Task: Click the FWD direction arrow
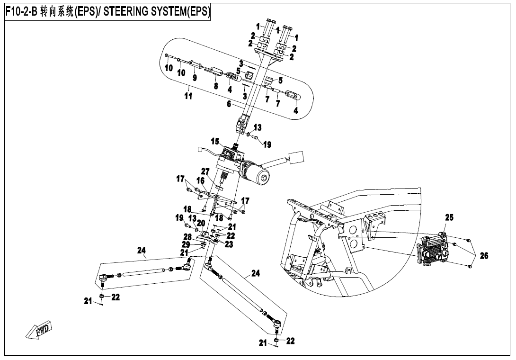coord(40,331)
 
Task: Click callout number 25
coord(449,218)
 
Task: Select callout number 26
coord(483,256)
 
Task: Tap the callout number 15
coord(215,141)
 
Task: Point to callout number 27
coord(205,171)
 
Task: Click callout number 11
coord(188,96)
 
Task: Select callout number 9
coord(194,77)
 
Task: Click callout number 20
coord(201,223)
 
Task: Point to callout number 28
coord(187,236)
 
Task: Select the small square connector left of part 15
coord(199,151)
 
